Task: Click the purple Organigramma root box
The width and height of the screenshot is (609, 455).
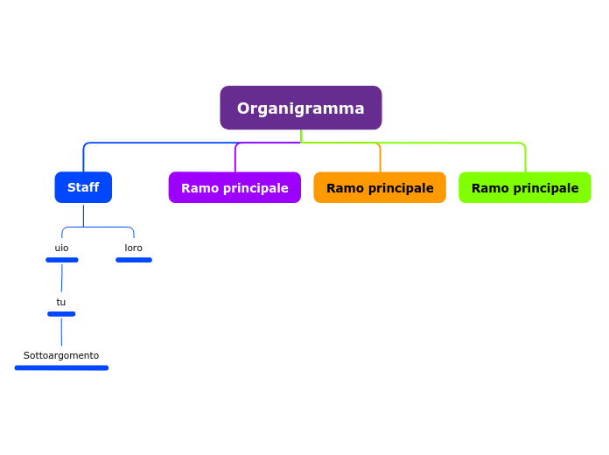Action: [x=300, y=108]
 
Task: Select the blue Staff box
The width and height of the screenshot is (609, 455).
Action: [x=83, y=187]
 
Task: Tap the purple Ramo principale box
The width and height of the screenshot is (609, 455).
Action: [x=234, y=187]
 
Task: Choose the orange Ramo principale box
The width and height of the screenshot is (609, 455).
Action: [x=380, y=187]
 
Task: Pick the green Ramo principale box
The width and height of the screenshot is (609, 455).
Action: [x=525, y=187]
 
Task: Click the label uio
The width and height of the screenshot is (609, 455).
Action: [x=61, y=248]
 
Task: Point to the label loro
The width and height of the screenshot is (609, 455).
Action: [x=133, y=248]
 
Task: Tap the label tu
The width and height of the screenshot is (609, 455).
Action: [x=61, y=302]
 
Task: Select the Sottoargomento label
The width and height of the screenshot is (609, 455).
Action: [x=61, y=355]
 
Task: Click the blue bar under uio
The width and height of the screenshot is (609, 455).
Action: [x=62, y=260]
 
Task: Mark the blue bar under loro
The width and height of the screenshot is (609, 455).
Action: [x=134, y=260]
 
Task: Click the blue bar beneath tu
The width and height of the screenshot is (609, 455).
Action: [x=61, y=313]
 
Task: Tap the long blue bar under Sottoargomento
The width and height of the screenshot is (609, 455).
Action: [x=61, y=367]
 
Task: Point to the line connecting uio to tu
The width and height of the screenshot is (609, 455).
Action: [x=61, y=278]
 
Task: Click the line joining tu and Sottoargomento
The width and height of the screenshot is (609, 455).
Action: [x=61, y=332]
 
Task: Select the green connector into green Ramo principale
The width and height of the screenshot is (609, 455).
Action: [x=525, y=157]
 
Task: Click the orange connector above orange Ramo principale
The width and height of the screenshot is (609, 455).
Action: [x=380, y=157]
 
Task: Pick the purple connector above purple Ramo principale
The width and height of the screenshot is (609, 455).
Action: [x=235, y=157]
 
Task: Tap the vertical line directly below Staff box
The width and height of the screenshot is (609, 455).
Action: [x=83, y=214]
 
